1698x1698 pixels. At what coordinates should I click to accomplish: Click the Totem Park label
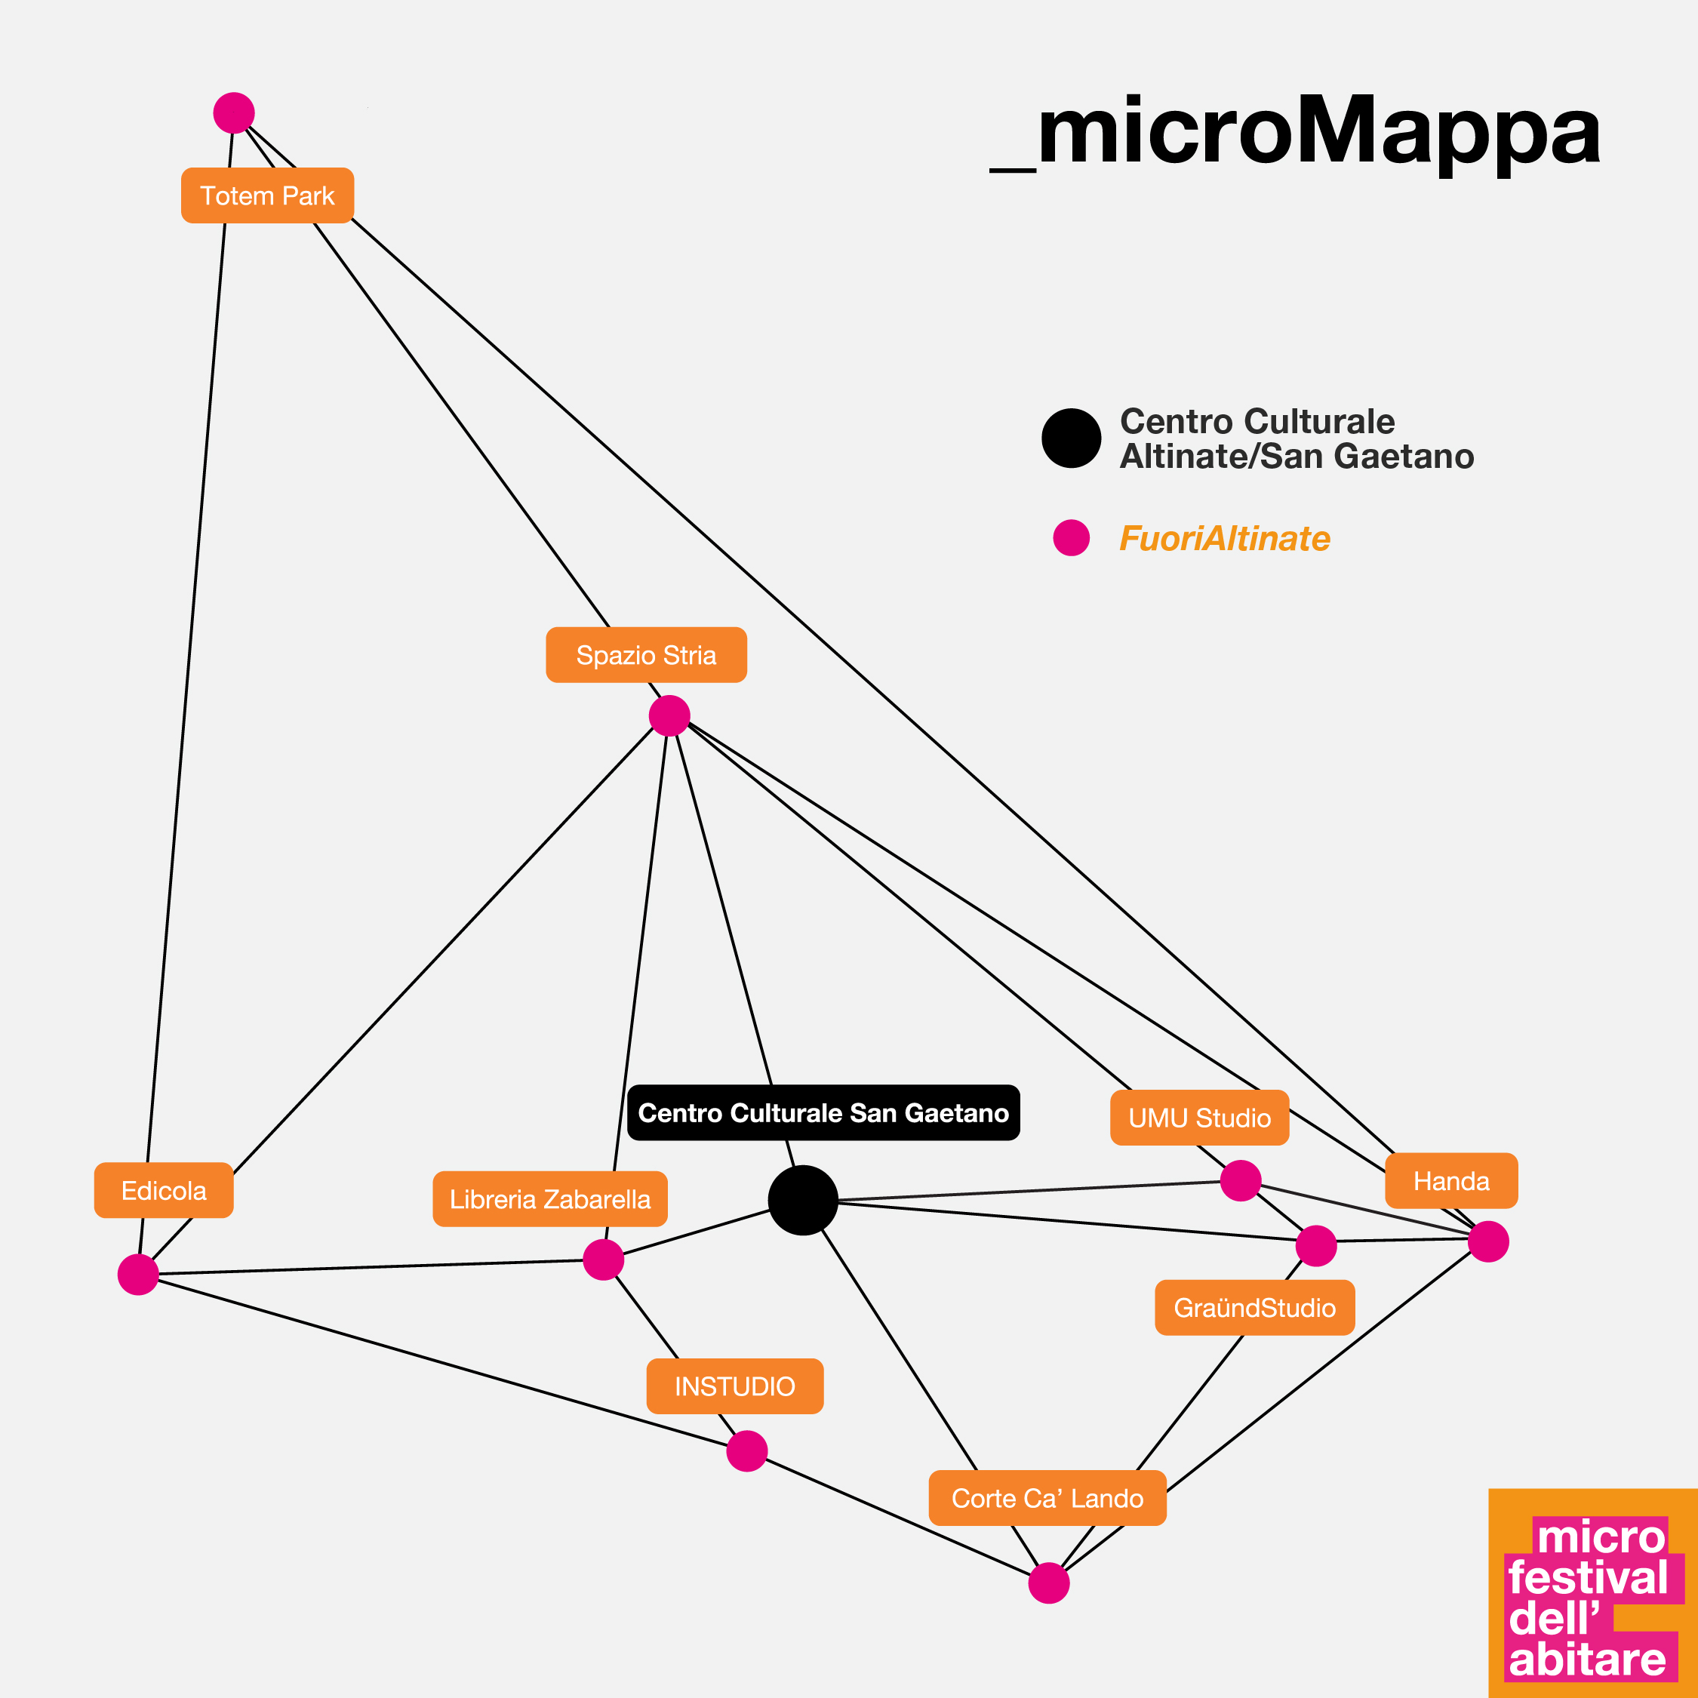(x=267, y=195)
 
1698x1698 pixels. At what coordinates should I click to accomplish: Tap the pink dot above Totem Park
(x=234, y=112)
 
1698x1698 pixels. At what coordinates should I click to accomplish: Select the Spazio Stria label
(x=646, y=655)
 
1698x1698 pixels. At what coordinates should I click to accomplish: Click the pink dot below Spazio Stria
(x=669, y=715)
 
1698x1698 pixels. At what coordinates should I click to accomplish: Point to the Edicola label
(x=164, y=1190)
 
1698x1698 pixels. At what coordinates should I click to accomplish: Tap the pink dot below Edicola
(x=138, y=1275)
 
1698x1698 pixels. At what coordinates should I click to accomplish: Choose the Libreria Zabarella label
(x=550, y=1199)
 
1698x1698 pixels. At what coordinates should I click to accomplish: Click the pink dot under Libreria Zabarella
(x=604, y=1260)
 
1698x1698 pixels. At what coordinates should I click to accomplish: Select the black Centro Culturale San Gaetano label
(x=823, y=1112)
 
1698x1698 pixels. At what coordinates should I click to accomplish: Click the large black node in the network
(x=802, y=1201)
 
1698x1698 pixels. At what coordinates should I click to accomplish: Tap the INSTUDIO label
(x=735, y=1386)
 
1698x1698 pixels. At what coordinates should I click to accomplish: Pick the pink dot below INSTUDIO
(x=747, y=1451)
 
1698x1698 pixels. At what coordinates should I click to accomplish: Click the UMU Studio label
(x=1200, y=1118)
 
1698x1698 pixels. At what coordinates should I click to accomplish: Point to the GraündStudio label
(x=1254, y=1308)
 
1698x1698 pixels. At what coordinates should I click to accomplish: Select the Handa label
(x=1451, y=1180)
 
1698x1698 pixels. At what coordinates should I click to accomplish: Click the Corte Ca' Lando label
(x=1047, y=1497)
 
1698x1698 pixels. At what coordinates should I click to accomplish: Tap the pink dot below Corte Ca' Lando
(x=1048, y=1583)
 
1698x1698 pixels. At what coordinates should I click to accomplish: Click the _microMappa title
(x=1296, y=132)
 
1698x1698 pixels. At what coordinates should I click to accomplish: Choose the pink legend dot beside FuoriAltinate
(x=1072, y=538)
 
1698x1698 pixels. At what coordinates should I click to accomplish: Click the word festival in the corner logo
(x=1587, y=1577)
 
